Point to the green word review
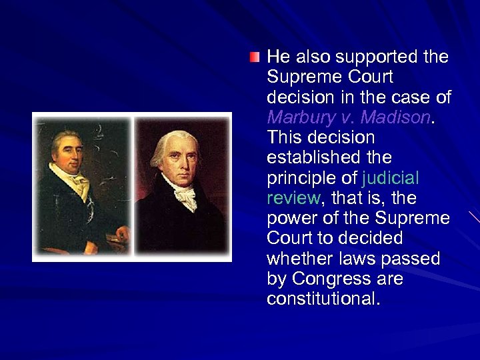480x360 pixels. pos(293,198)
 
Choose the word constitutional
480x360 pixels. pos(323,299)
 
